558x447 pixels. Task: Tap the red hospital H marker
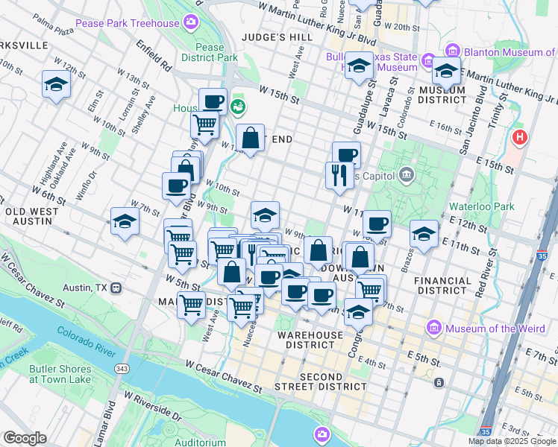(x=520, y=138)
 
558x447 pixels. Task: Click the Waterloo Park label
(x=482, y=206)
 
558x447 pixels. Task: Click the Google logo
(x=25, y=438)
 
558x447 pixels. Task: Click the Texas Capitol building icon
(x=406, y=175)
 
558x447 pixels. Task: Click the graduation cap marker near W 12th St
(x=56, y=84)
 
